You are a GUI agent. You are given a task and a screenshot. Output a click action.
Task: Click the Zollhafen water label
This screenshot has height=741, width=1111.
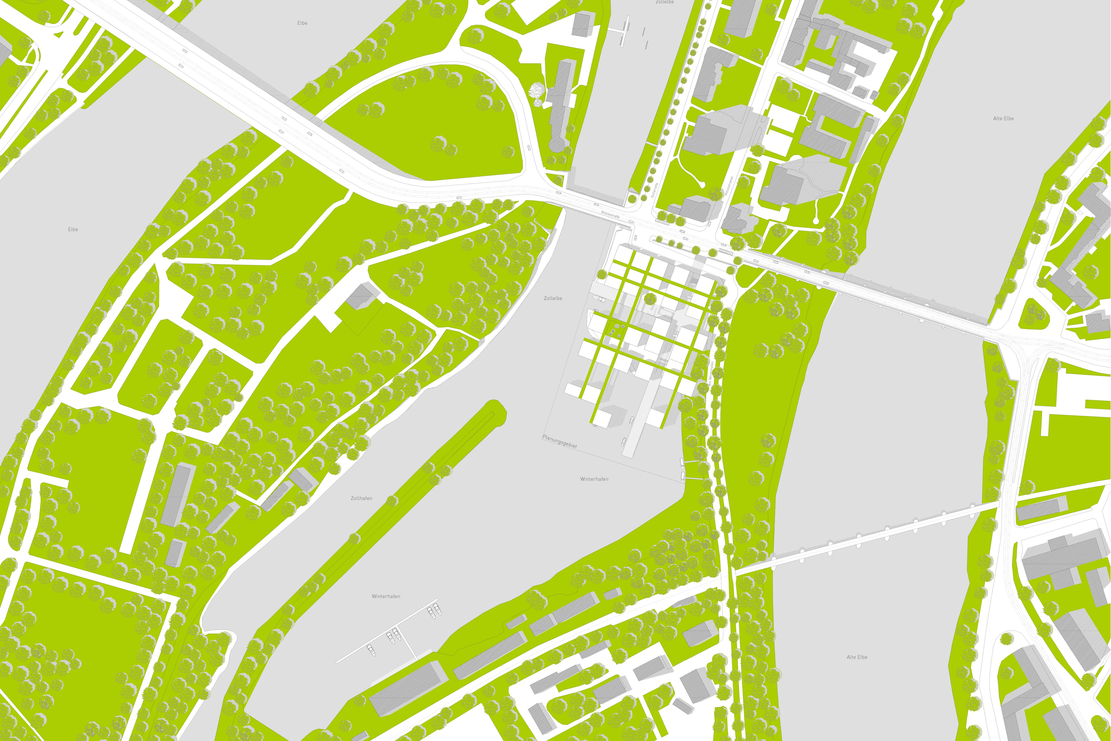(361, 498)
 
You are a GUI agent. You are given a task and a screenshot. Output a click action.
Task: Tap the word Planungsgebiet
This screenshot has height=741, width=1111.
(560, 441)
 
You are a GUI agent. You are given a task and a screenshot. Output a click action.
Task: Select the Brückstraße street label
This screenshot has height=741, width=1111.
(610, 215)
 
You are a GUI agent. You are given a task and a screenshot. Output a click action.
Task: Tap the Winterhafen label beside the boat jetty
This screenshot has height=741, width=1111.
(386, 596)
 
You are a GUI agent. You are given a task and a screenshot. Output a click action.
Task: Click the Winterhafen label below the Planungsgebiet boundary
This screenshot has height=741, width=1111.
(594, 479)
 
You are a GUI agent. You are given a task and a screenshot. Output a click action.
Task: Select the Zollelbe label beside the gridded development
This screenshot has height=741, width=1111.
(553, 298)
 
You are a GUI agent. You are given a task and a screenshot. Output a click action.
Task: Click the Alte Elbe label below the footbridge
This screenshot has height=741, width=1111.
(857, 657)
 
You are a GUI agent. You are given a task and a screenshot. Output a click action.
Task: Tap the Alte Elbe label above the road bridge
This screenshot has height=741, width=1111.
(1003, 119)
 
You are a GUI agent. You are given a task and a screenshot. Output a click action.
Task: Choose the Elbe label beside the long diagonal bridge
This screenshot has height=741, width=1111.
(302, 23)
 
